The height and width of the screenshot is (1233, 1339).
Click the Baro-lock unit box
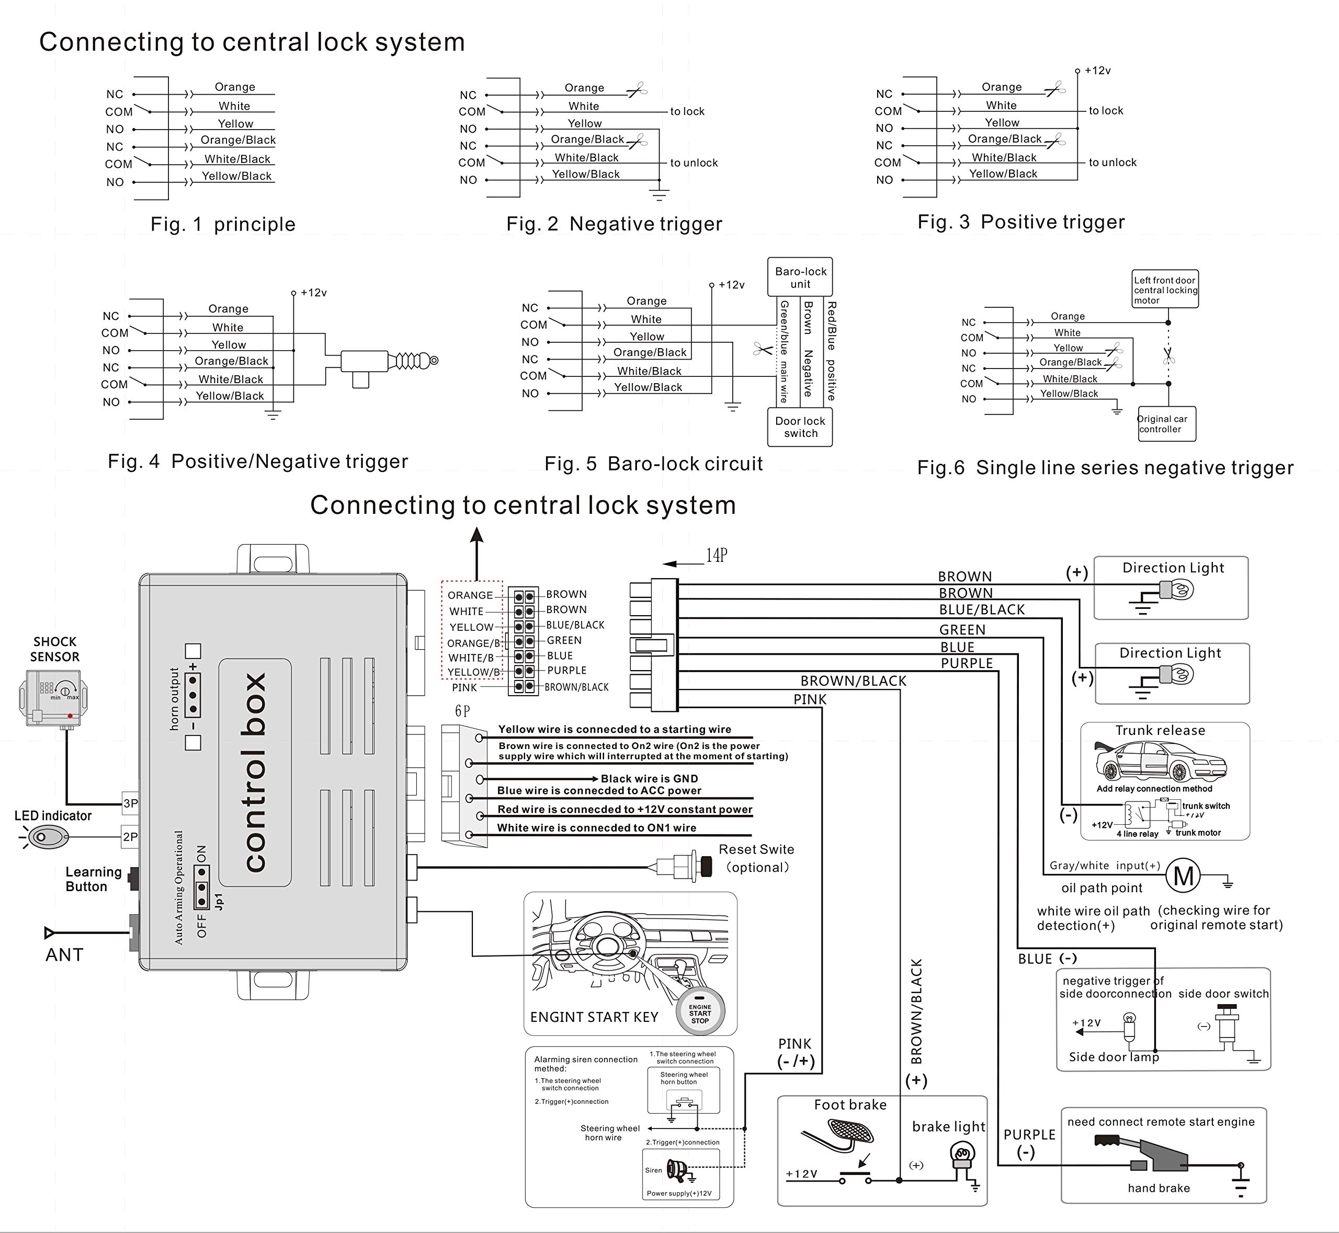click(x=800, y=277)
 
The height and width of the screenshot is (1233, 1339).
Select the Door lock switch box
click(x=800, y=427)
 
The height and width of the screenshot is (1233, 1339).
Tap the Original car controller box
click(x=1165, y=424)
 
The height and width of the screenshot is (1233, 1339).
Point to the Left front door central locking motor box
click(x=1165, y=290)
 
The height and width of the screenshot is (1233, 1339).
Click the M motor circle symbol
click(x=1183, y=876)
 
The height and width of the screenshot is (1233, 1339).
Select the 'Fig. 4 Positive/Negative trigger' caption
click(x=258, y=462)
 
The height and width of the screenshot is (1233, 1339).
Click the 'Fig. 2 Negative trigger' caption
click(x=614, y=224)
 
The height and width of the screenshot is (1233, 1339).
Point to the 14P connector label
click(x=716, y=556)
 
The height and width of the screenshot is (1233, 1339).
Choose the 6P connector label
click(x=462, y=711)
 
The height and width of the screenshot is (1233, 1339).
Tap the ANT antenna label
click(x=64, y=955)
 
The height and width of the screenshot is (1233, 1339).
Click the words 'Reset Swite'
click(x=756, y=849)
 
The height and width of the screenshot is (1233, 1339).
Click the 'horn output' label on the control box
click(x=175, y=699)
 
